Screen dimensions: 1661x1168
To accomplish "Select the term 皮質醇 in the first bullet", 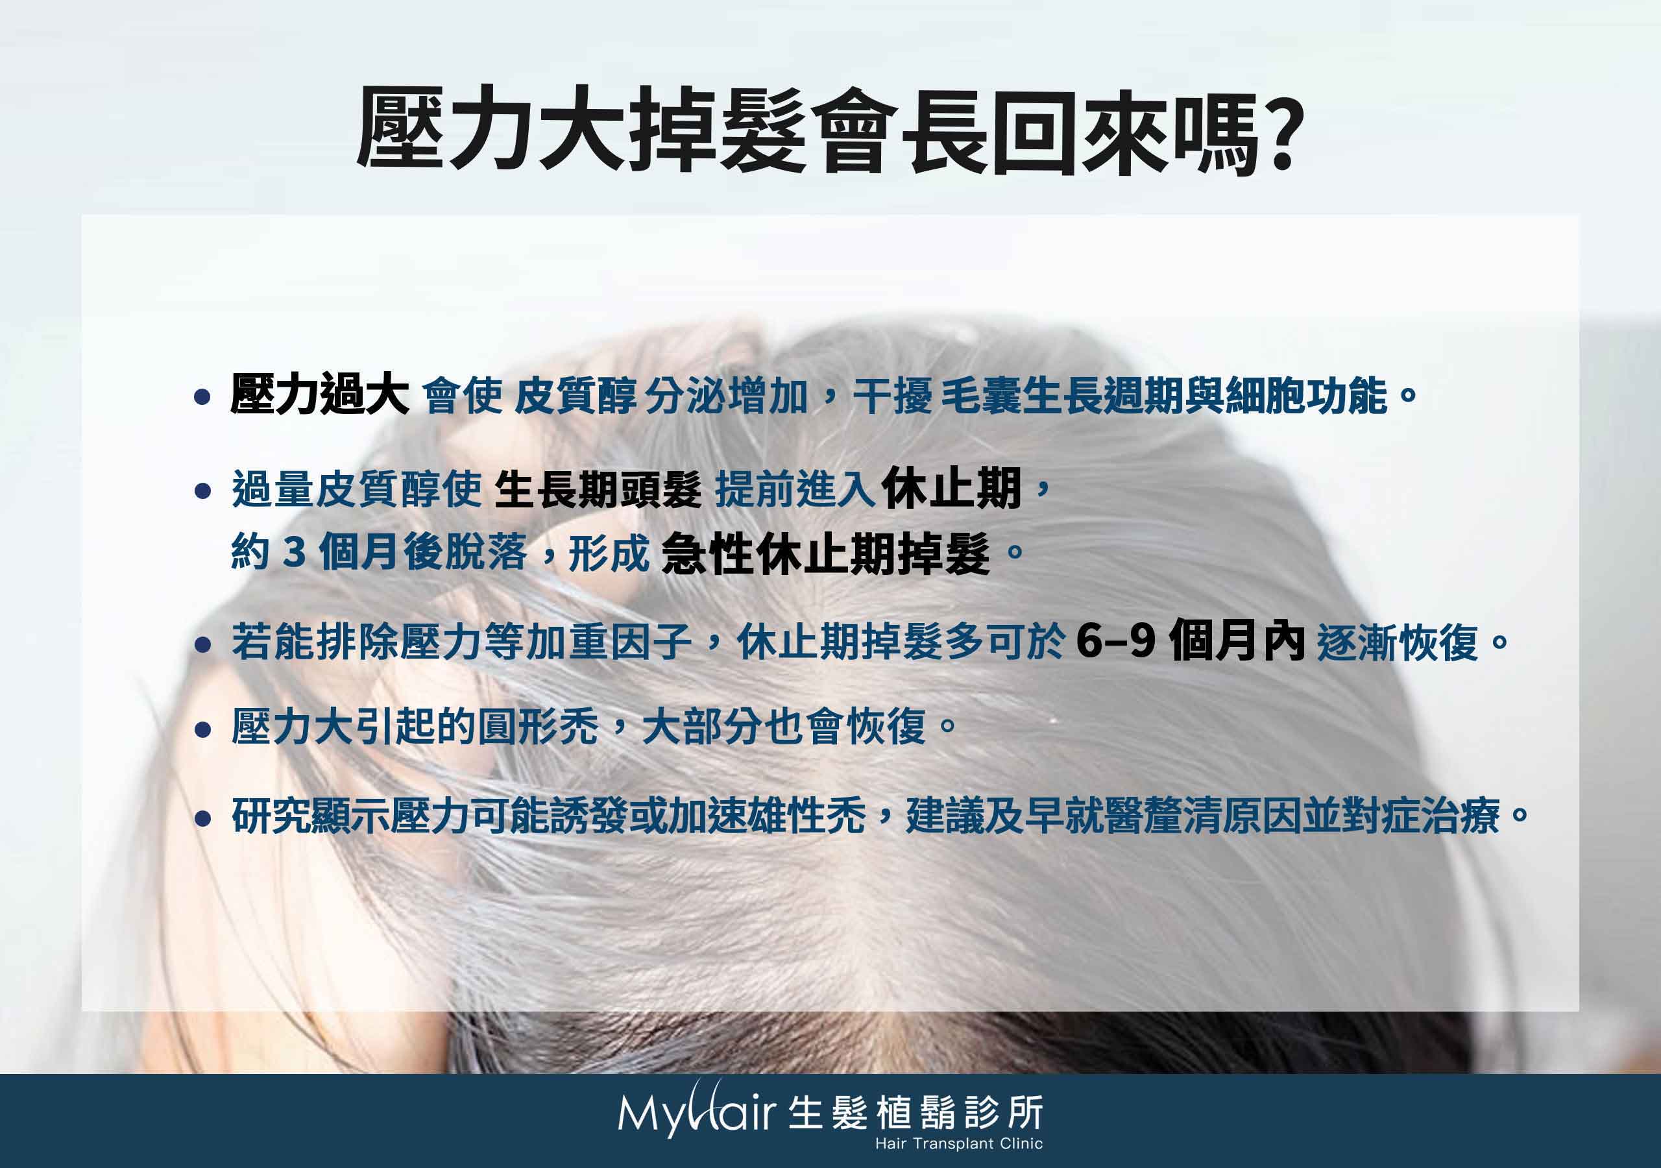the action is pyautogui.click(x=575, y=396).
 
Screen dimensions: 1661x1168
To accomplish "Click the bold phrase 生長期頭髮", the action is pyautogui.click(x=598, y=490).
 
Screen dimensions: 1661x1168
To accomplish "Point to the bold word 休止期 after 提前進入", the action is pyautogui.click(x=951, y=489).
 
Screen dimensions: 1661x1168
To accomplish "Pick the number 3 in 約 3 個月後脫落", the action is pyautogui.click(x=293, y=553).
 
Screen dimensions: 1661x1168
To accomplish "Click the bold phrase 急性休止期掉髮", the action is pyautogui.click(x=825, y=554).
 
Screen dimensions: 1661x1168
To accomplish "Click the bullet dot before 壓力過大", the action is pyautogui.click(x=203, y=396).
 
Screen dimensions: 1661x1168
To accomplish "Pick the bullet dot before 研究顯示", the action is pyautogui.click(x=203, y=818).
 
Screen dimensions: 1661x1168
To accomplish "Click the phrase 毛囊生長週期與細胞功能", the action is pyautogui.click(x=1164, y=396).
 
